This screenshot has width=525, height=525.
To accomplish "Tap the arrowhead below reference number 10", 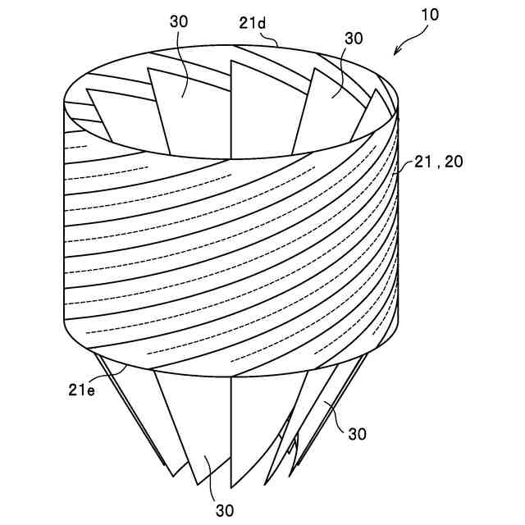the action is (x=398, y=52).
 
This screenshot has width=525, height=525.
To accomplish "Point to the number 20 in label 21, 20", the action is (x=452, y=162).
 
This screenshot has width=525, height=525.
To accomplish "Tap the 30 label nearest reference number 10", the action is (x=354, y=39).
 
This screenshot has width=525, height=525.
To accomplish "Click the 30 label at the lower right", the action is (x=357, y=433).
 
